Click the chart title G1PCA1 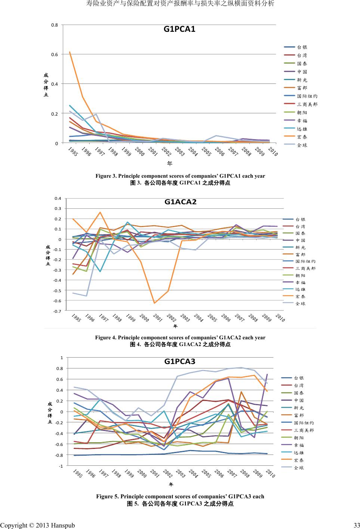tap(179, 29)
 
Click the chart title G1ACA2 tap(181, 202)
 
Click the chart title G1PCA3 tap(180, 361)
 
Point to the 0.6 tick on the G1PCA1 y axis tap(55, 54)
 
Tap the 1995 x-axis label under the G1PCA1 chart tap(73, 152)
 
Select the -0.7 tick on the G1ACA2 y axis tap(58, 311)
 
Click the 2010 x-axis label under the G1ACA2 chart tap(280, 318)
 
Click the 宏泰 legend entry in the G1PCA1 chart tap(302, 137)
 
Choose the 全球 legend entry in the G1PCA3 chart tap(299, 468)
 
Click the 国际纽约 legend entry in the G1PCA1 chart tap(307, 96)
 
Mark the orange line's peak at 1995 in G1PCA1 tap(70, 52)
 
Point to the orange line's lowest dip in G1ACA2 tap(154, 303)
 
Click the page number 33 tap(356, 525)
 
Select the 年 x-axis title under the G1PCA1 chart tap(170, 163)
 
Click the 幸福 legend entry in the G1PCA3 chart tap(299, 445)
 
